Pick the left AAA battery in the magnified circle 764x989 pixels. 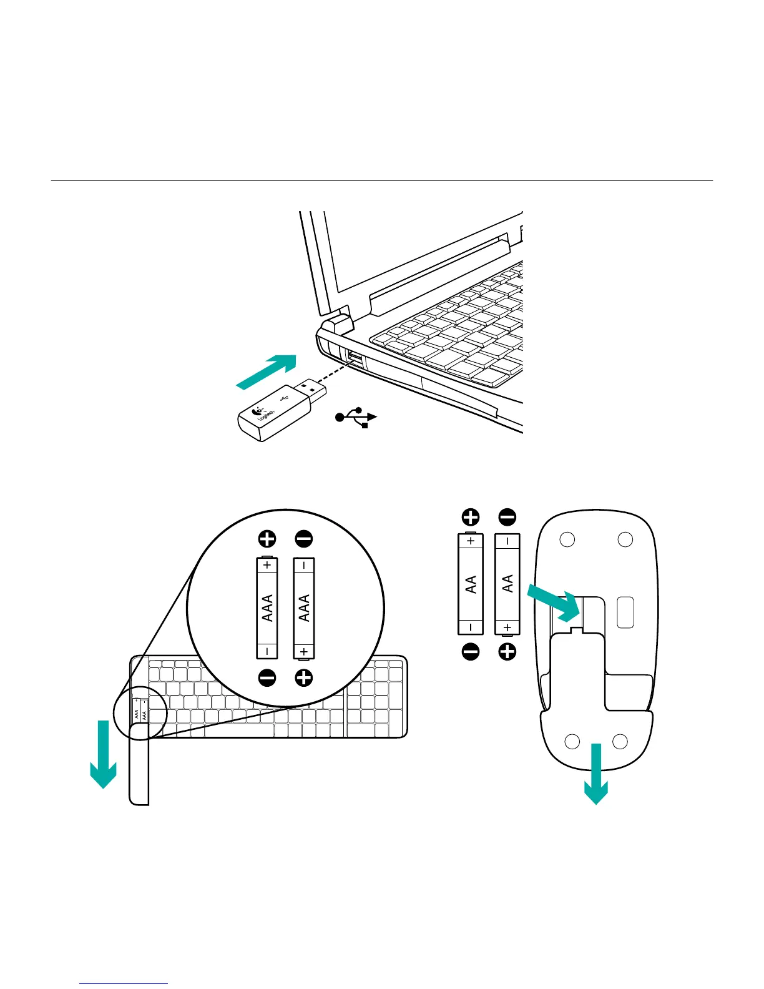coord(267,608)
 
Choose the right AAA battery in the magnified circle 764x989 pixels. coord(304,608)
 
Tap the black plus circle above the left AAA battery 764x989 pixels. coord(267,539)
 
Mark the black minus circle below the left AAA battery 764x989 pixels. coord(267,677)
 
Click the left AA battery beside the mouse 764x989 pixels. coord(471,584)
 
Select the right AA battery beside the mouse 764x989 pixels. coord(507,584)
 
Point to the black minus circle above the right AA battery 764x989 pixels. coord(507,517)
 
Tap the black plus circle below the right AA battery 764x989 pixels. coord(507,652)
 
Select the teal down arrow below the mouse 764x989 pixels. coord(596,774)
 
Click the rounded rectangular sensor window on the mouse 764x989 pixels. coord(625,613)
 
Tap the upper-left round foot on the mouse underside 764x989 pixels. coord(567,539)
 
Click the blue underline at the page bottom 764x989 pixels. coord(124,984)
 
